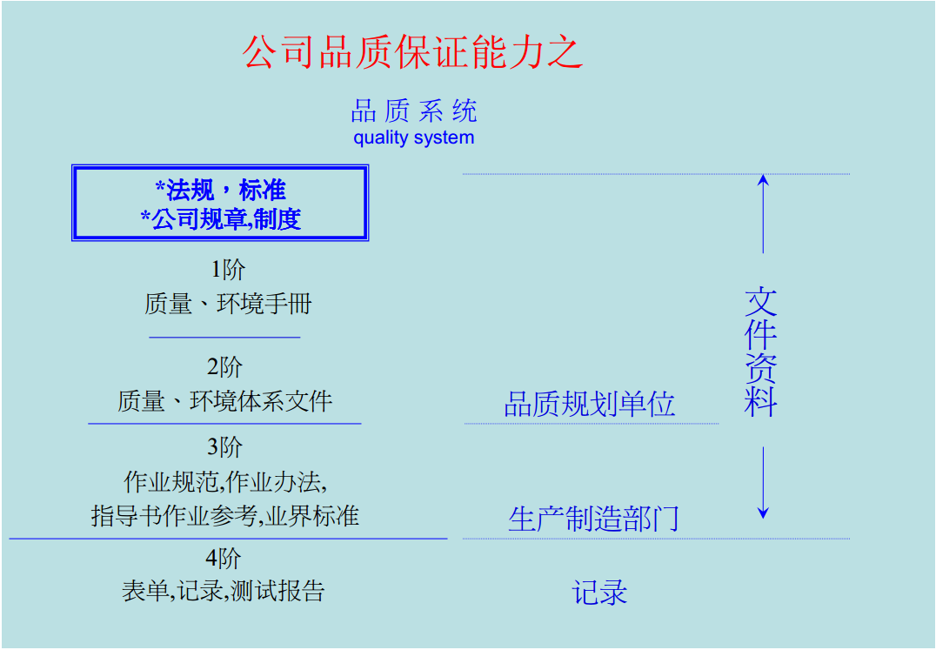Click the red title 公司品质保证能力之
pos(412,51)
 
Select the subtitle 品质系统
pos(414,111)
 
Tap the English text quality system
pos(414,137)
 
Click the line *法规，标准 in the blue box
pos(220,190)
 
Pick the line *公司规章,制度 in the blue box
pos(220,218)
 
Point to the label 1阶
pos(228,270)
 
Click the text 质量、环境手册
pos(228,304)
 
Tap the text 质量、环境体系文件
pos(225,401)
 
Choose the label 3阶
pos(225,447)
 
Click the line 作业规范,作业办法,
pos(225,481)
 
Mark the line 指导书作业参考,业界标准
pos(225,515)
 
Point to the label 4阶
pos(224,558)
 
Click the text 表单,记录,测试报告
pos(224,592)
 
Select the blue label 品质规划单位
pos(590,405)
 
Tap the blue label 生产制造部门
pos(593,519)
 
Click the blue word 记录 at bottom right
pos(599,593)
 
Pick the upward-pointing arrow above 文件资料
pos(763,213)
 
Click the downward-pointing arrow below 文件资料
pos(763,483)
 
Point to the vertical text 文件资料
pos(761,352)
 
